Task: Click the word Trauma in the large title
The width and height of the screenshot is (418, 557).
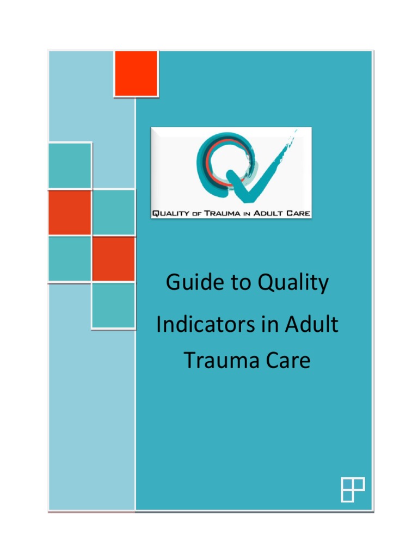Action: click(x=217, y=360)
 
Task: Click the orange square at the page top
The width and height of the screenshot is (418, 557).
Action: click(x=136, y=73)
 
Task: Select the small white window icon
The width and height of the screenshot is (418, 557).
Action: click(x=352, y=490)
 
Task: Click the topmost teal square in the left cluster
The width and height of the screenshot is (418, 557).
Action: click(x=70, y=165)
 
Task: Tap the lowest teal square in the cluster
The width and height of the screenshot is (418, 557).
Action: click(x=113, y=305)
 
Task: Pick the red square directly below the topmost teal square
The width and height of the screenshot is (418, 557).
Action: click(x=70, y=212)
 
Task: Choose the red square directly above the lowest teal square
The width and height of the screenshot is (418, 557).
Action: click(x=113, y=258)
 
